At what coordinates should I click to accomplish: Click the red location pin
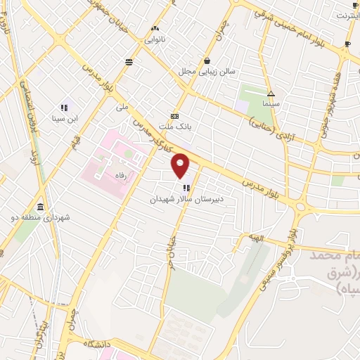pos(181,165)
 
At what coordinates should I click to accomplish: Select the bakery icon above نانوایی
pos(155,29)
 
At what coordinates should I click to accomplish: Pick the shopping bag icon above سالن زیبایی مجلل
pos(207,60)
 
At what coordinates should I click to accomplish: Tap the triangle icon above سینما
pos(271,93)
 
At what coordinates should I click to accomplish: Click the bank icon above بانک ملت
pos(174,117)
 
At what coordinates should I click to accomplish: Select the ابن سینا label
pos(65,117)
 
